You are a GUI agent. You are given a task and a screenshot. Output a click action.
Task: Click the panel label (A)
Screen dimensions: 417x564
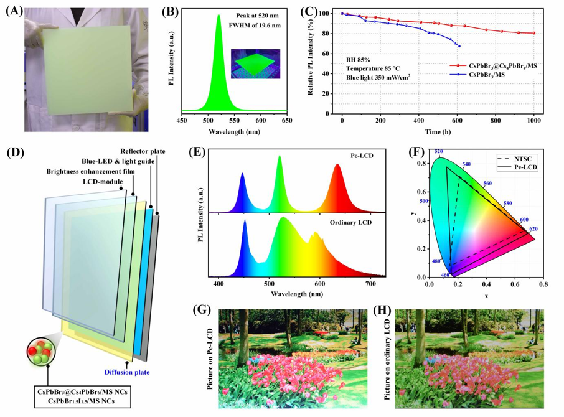[x=14, y=9]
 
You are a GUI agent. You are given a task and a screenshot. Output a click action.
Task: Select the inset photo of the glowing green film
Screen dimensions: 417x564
[x=255, y=62]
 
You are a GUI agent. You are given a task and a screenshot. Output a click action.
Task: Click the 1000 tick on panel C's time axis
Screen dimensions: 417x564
[x=533, y=123]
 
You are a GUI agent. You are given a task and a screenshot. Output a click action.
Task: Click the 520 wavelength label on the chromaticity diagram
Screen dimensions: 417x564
[x=438, y=151]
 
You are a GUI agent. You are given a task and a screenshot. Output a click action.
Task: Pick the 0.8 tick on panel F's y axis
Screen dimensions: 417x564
[x=421, y=164]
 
